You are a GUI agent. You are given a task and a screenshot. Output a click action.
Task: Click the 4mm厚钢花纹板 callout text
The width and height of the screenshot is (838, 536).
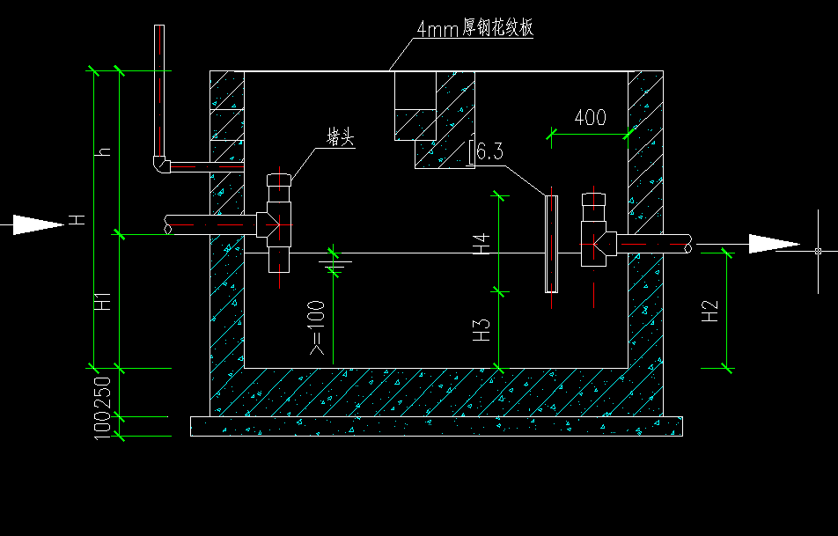pyautogui.click(x=475, y=28)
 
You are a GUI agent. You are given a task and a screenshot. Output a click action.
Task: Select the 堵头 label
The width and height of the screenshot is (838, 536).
pyautogui.click(x=340, y=137)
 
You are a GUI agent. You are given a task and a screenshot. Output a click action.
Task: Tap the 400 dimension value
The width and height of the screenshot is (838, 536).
pyautogui.click(x=590, y=117)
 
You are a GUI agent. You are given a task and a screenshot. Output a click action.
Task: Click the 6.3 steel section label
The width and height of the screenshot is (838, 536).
pyautogui.click(x=489, y=151)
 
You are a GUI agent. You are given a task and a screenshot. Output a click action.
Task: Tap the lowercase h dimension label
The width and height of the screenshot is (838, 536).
pyautogui.click(x=104, y=152)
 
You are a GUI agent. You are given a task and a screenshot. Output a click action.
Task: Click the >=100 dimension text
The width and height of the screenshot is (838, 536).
pyautogui.click(x=317, y=328)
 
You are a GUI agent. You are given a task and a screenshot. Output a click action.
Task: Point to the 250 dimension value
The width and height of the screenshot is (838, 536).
pyautogui.click(x=103, y=393)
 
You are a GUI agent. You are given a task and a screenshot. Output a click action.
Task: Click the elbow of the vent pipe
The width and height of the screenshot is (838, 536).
pyautogui.click(x=159, y=165)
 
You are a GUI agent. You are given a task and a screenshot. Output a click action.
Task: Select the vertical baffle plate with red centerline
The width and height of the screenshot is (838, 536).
pyautogui.click(x=551, y=244)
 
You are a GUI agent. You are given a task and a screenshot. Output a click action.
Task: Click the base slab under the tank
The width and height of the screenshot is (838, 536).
pyautogui.click(x=436, y=426)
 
